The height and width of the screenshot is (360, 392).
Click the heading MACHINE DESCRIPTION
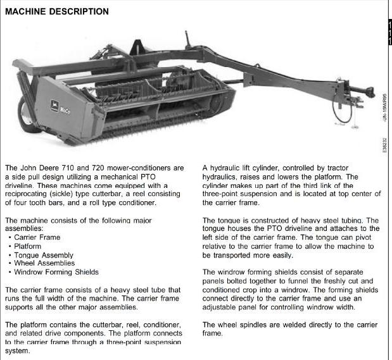[x=56, y=11]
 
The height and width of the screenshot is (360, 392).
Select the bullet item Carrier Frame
[x=38, y=237]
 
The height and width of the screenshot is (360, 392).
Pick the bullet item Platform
[x=28, y=246]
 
